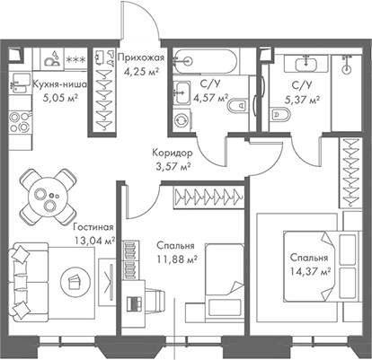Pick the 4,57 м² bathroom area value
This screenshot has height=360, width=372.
pos(211,99)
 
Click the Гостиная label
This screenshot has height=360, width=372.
pos(93,228)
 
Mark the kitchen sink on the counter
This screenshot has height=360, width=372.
pos(53,59)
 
